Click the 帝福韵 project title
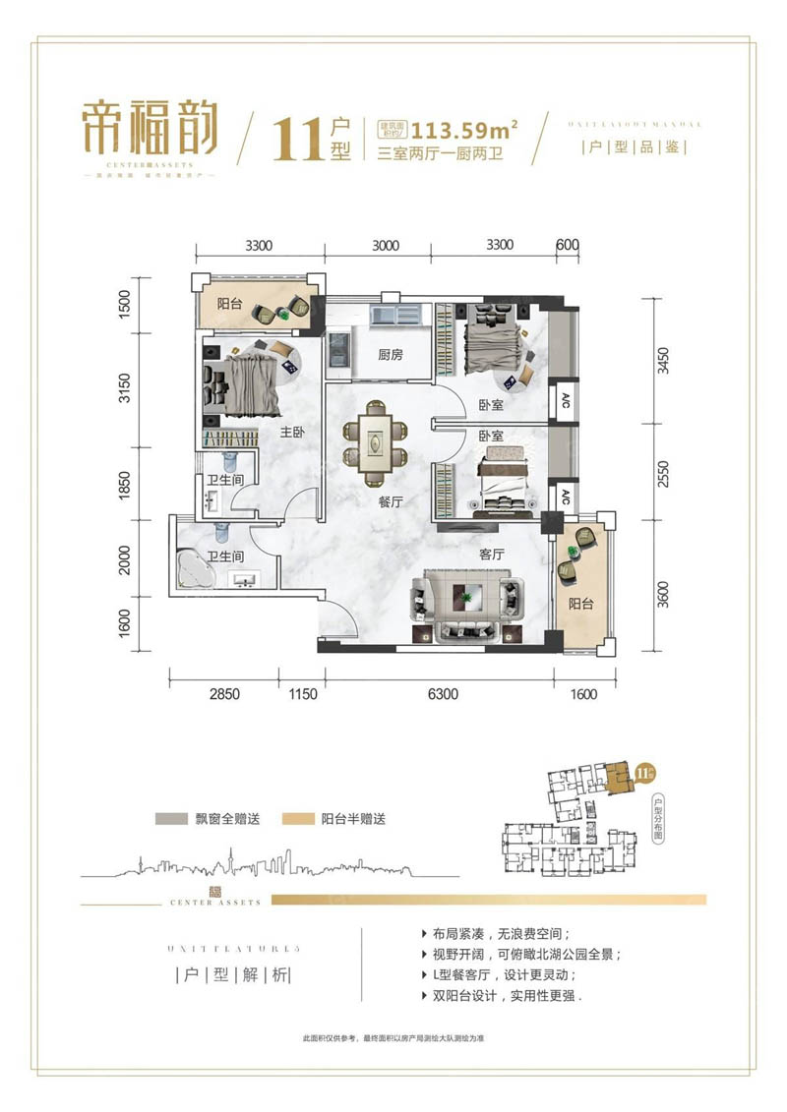[150, 133]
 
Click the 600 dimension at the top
[567, 246]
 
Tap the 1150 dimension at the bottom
[303, 694]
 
